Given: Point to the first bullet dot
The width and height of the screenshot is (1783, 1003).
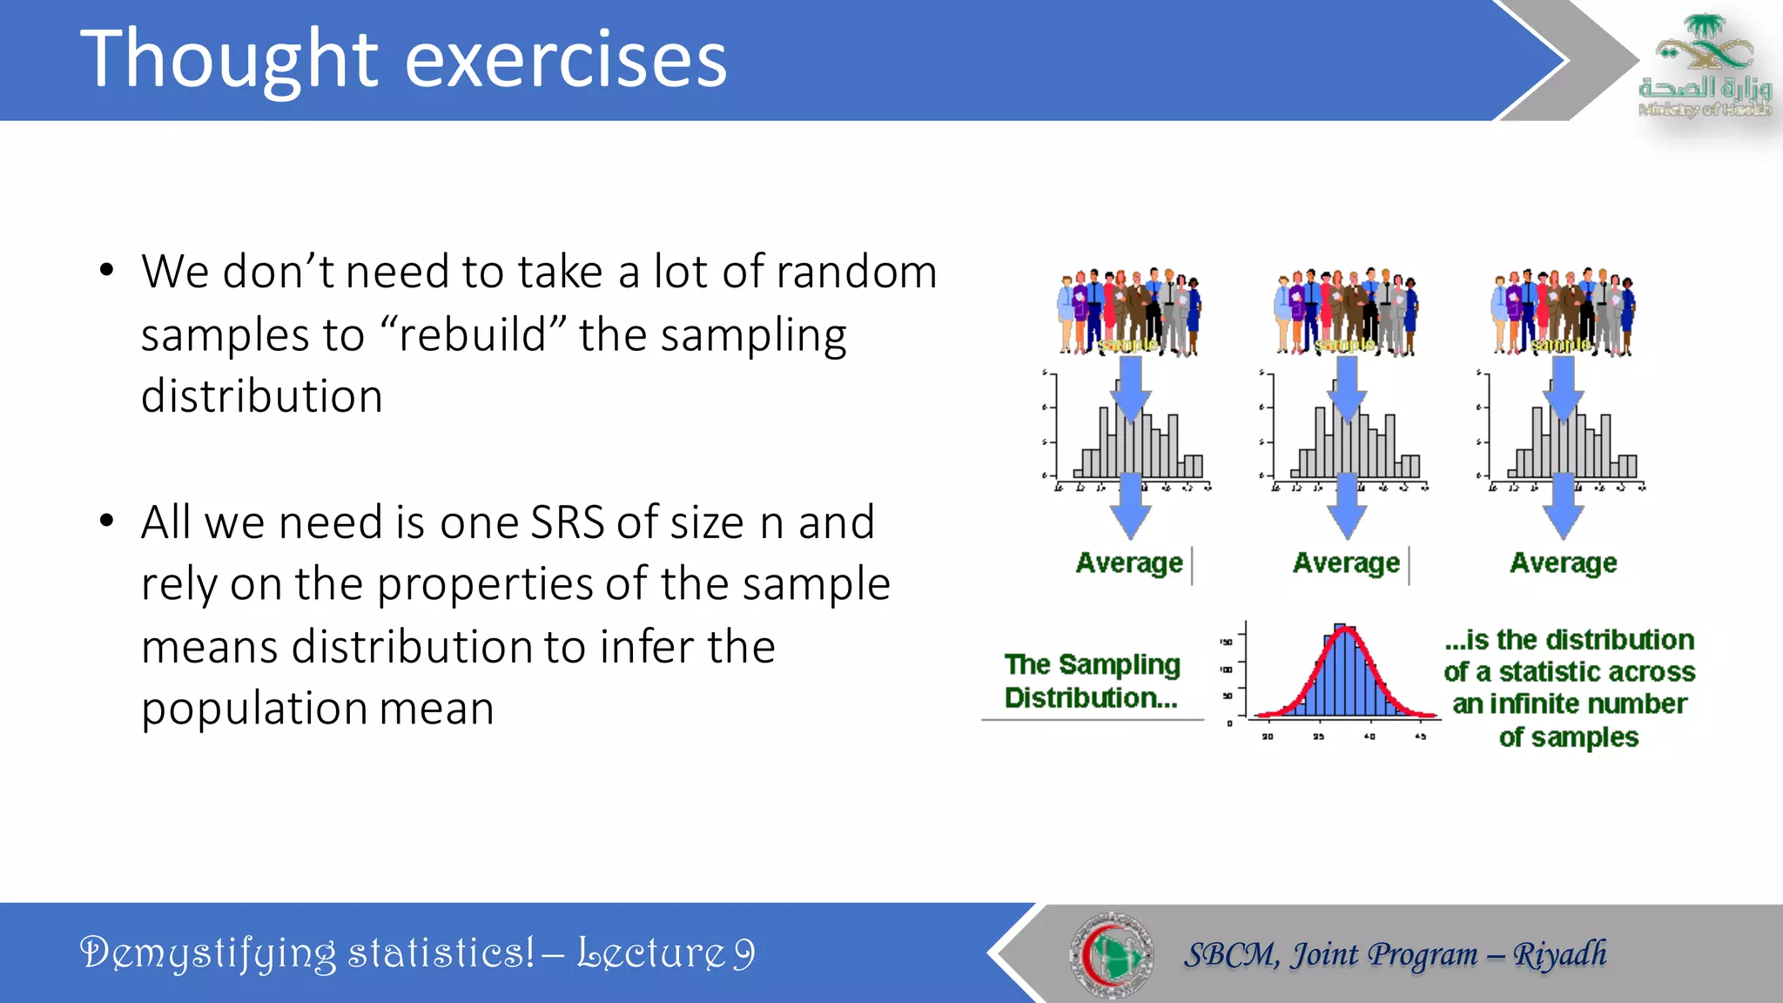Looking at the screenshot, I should tap(106, 270).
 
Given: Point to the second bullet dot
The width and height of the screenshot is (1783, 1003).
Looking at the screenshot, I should tap(106, 522).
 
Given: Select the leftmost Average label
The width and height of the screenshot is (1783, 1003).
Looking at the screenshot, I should tap(1129, 563).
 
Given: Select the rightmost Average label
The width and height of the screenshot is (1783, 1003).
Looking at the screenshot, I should tap(1563, 563).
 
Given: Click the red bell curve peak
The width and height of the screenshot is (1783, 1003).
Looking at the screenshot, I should tap(1344, 629).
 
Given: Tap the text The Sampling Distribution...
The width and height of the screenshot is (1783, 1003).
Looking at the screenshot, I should tap(1092, 681).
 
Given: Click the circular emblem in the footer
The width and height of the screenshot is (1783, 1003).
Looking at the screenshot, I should tap(1111, 954).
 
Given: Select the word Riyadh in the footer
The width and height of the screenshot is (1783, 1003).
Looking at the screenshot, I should tap(1559, 954).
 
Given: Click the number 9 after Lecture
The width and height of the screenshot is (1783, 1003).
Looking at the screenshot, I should tap(743, 953).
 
